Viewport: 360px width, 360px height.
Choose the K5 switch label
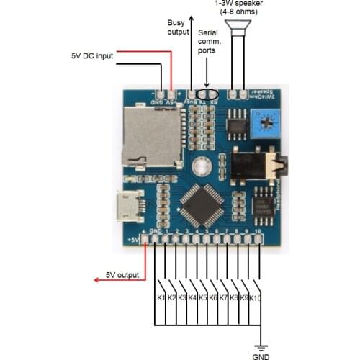pos(203,297)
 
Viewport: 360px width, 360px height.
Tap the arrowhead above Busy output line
pos(191,16)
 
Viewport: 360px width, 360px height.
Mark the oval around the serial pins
pos(207,93)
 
